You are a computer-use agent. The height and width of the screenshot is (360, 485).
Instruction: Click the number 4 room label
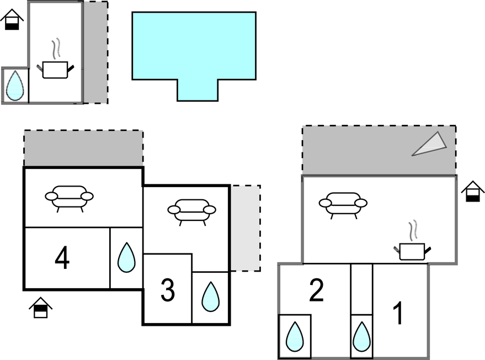point(62,258)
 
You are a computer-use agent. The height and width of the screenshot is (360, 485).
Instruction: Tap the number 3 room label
point(167,290)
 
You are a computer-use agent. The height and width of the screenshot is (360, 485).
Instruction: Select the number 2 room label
point(316,291)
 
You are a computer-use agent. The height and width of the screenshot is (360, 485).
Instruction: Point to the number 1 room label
point(397,313)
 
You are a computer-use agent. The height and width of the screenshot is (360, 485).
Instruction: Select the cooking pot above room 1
point(412,250)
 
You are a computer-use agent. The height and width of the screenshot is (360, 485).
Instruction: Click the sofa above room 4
point(69,197)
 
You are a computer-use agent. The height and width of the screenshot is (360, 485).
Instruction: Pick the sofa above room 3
point(191,210)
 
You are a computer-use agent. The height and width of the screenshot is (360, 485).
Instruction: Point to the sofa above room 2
point(343,203)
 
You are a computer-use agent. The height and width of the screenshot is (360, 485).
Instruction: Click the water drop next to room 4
point(126,257)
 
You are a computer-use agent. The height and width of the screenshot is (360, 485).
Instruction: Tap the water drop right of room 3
point(210,297)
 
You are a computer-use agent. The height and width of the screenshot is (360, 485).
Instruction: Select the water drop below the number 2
point(295,336)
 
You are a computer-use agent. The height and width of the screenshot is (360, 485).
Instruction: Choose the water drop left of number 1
point(361,336)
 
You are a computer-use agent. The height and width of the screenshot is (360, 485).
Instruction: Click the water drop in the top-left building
point(15,86)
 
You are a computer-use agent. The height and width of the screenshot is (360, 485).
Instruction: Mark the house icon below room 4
point(40,308)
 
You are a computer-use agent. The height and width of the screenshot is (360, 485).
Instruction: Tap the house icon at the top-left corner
point(12,20)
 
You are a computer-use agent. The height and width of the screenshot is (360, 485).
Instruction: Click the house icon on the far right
point(472,192)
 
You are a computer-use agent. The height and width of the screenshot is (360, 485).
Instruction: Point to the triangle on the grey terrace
point(430,144)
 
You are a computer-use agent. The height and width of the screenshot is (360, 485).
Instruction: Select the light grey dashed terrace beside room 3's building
point(245,228)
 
